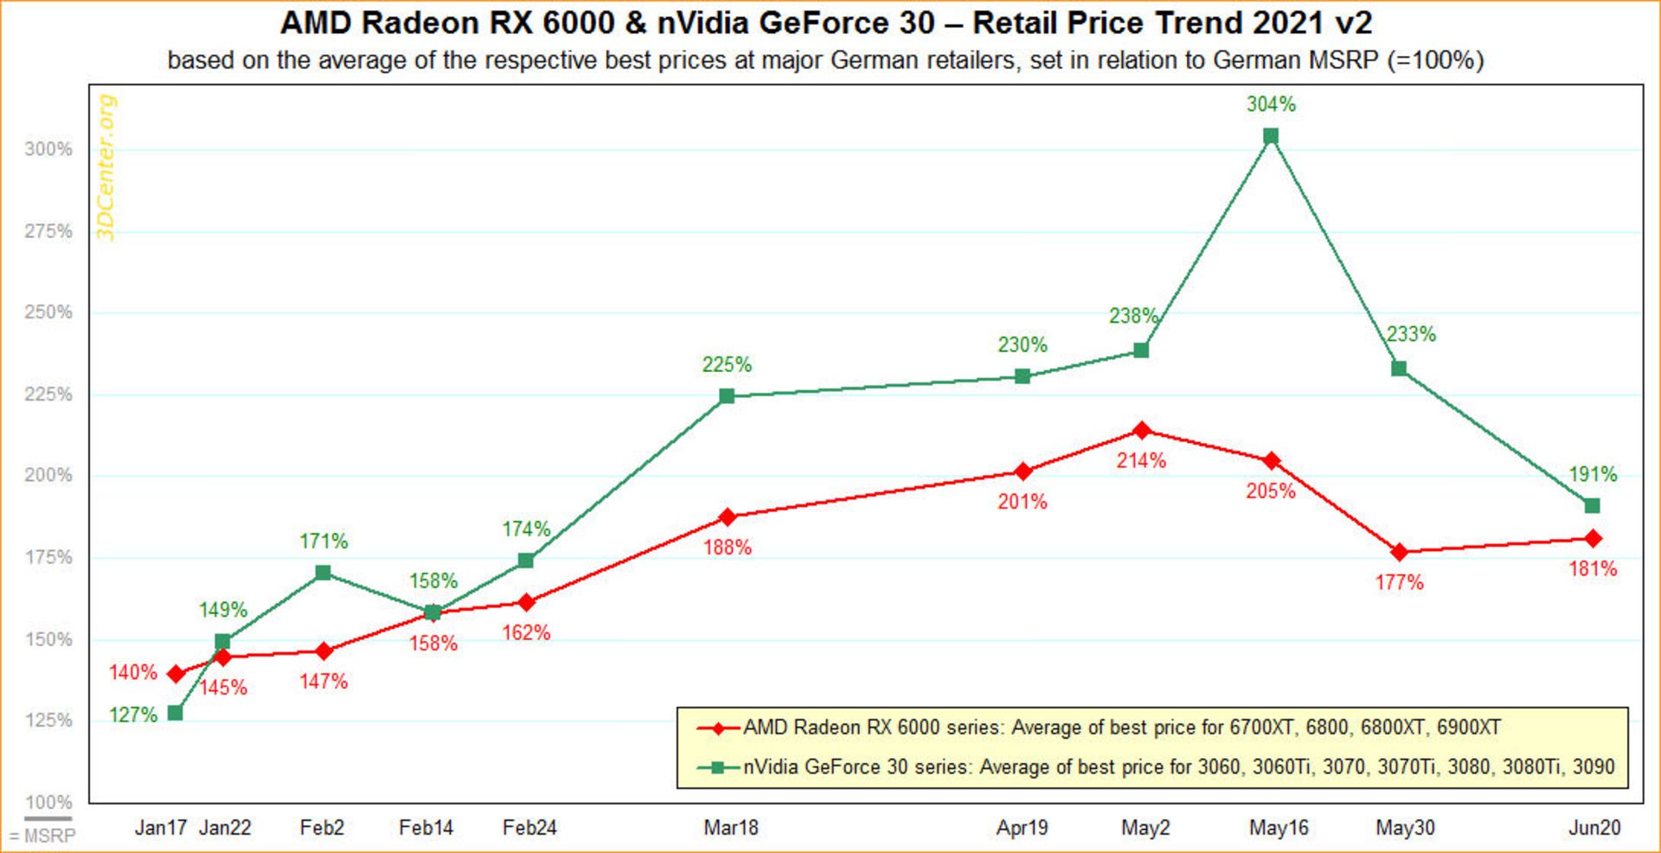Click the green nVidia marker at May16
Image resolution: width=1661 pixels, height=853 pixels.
point(1271,136)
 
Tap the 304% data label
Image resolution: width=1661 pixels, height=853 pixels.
point(1271,105)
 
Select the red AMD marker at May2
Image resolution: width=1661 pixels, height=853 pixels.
point(1142,431)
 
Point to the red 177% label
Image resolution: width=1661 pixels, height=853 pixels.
point(1400,582)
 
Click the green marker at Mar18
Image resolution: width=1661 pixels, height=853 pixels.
point(727,396)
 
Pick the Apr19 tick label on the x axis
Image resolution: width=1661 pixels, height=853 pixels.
point(1022,828)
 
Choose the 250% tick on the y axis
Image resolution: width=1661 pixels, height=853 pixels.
point(48,312)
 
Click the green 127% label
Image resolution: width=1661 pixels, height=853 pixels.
point(133,715)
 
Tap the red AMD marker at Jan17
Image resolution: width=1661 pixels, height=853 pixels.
point(176,674)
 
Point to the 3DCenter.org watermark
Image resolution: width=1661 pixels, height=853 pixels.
point(106,168)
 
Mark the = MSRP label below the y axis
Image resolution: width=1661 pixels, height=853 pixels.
point(42,836)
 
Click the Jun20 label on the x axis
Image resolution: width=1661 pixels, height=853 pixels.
point(1594,828)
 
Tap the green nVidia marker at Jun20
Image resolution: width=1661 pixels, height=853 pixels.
point(1592,505)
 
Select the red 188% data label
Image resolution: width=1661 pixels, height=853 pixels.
point(727,548)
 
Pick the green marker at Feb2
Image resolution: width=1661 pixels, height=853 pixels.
point(323,573)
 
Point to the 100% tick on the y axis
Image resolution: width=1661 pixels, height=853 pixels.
point(48,802)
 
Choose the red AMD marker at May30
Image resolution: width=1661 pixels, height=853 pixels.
point(1400,552)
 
